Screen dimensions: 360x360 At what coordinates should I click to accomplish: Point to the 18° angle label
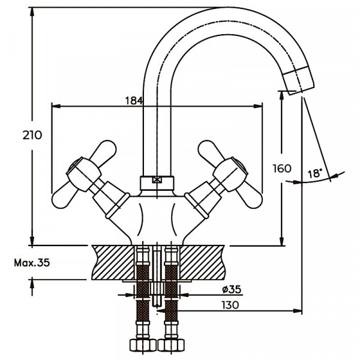click(x=314, y=173)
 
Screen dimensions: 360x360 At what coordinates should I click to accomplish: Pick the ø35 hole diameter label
click(x=231, y=289)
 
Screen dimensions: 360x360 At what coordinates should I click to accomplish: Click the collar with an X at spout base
click(x=157, y=179)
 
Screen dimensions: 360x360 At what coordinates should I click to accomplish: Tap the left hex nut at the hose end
click(x=142, y=347)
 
